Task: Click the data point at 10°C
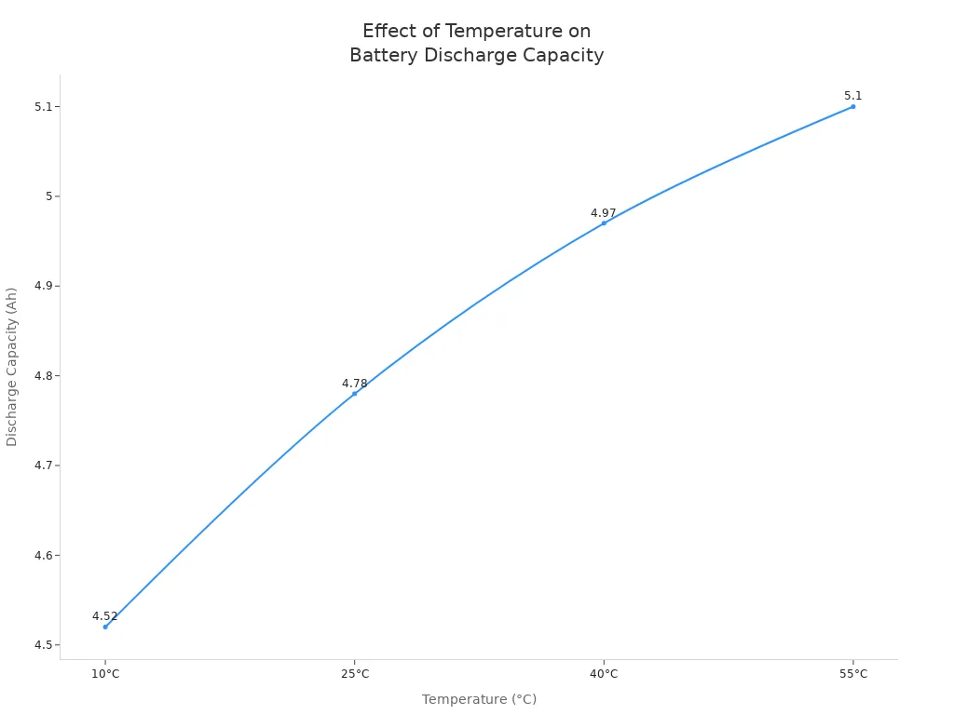[105, 627]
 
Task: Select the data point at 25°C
[354, 393]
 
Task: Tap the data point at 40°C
[604, 223]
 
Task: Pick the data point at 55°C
[852, 106]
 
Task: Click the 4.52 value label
[105, 616]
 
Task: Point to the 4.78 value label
[354, 384]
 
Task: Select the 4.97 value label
[604, 213]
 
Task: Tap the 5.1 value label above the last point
[852, 96]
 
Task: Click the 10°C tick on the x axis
[105, 674]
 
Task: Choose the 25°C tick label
[354, 674]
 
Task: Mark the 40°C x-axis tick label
[604, 674]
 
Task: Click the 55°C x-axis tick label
[852, 674]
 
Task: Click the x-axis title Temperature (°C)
[479, 699]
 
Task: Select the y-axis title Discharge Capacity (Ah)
[12, 366]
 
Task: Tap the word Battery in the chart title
[384, 56]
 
